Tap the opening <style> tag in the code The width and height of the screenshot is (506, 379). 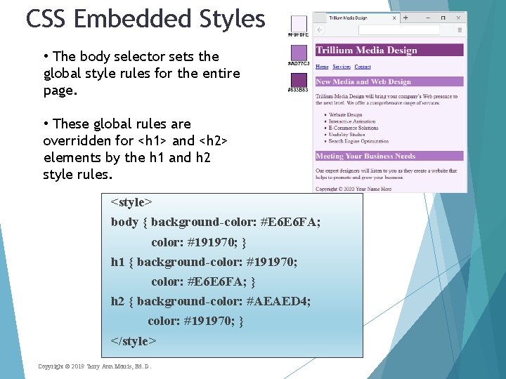pos(131,202)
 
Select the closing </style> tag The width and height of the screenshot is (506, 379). pos(134,341)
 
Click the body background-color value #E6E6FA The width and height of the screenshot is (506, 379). pos(280,222)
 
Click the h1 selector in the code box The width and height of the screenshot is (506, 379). pos(117,262)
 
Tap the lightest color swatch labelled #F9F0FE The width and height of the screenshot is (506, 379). pos(299,23)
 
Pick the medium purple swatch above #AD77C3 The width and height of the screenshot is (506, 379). pos(299,53)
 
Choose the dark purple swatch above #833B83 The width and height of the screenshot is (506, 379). pos(299,79)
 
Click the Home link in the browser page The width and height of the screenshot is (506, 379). pos(322,67)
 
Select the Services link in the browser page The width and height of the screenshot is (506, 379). pos(342,67)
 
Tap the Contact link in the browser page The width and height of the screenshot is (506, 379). pos(363,67)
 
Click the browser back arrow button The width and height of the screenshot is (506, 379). pos(320,29)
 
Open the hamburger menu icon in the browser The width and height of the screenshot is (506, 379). pos(460,29)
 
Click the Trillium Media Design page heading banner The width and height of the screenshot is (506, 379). pos(389,51)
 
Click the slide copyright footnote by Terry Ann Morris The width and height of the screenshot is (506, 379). pos(94,366)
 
